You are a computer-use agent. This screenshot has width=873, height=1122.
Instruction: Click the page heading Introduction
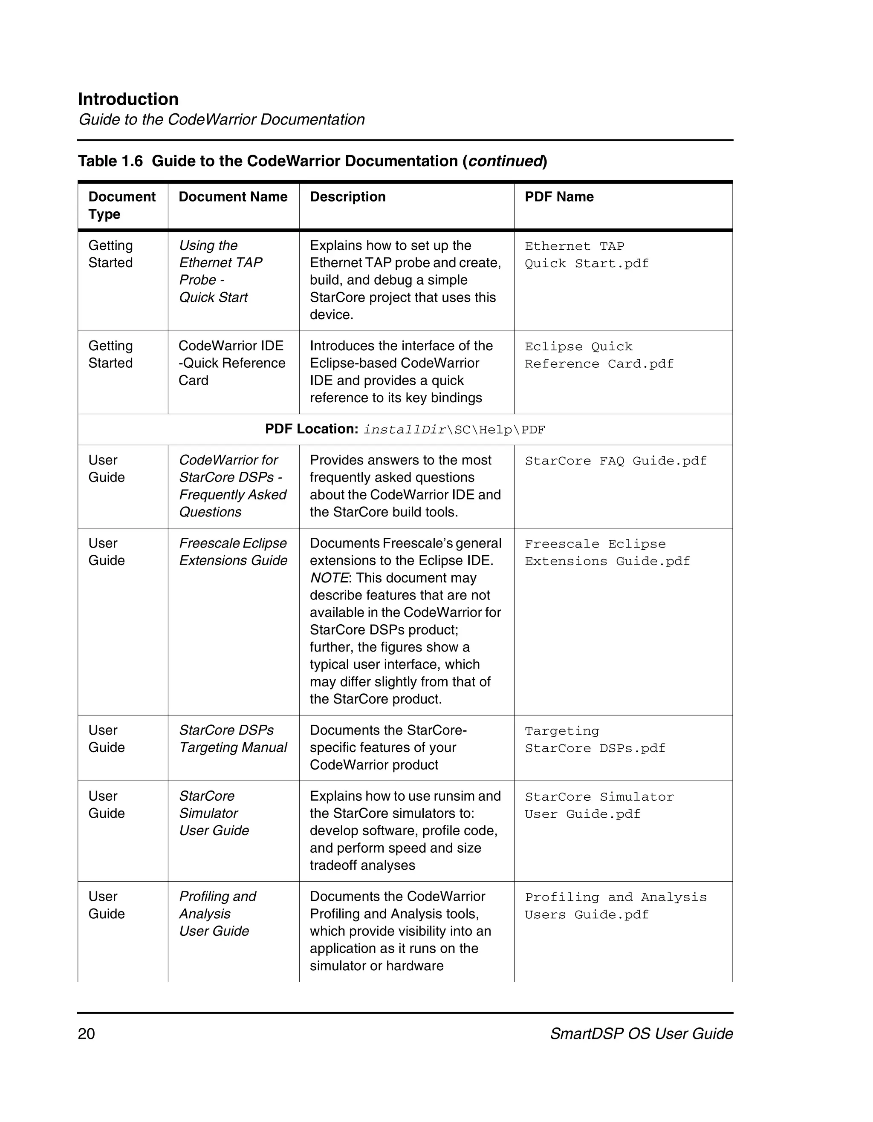(x=128, y=99)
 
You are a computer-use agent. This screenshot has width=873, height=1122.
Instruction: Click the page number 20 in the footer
(x=87, y=1033)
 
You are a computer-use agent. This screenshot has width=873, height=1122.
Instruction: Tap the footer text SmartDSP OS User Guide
(x=641, y=1033)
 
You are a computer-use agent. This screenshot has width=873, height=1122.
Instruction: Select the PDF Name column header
(x=559, y=197)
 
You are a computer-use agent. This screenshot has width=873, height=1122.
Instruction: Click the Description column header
(x=347, y=197)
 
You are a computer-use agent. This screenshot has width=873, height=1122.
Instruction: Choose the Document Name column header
(x=233, y=197)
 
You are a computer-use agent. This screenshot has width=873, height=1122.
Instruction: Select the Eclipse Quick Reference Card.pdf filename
(x=598, y=355)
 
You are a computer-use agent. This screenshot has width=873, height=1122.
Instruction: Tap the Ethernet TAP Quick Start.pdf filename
(x=586, y=255)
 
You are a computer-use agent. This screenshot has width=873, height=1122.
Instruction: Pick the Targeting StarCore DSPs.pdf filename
(x=595, y=739)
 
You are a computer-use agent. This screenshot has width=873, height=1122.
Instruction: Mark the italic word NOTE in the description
(x=329, y=578)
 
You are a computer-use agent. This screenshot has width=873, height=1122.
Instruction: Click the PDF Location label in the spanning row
(x=311, y=429)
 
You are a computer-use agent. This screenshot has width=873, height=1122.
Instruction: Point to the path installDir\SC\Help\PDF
(x=454, y=430)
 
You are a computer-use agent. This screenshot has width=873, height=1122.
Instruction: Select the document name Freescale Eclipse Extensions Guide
(x=233, y=552)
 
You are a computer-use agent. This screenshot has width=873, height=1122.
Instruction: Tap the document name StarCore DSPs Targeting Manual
(x=233, y=739)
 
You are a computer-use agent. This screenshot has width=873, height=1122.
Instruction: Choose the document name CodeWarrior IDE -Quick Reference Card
(x=232, y=363)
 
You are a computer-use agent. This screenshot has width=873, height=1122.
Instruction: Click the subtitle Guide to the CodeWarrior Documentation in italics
(x=222, y=120)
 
